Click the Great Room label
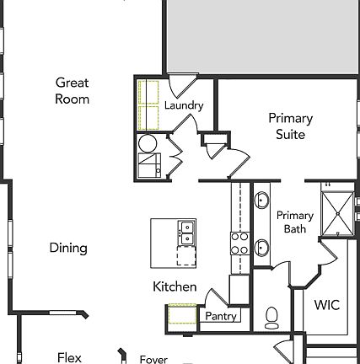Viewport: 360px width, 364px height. [73, 90]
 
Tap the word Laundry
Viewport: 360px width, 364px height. [183, 105]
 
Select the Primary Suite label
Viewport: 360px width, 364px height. [290, 126]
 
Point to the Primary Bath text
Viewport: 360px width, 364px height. [295, 222]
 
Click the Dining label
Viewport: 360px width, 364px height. [68, 249]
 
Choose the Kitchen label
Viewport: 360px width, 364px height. [175, 287]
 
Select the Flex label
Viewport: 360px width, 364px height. [69, 357]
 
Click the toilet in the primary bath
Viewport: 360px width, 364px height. [271, 317]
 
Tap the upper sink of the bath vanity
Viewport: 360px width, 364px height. [262, 201]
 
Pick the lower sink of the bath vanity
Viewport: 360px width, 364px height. [262, 248]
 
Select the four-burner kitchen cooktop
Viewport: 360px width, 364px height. [239, 244]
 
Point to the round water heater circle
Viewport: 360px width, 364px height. [147, 143]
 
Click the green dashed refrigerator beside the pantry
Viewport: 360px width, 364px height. [180, 317]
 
